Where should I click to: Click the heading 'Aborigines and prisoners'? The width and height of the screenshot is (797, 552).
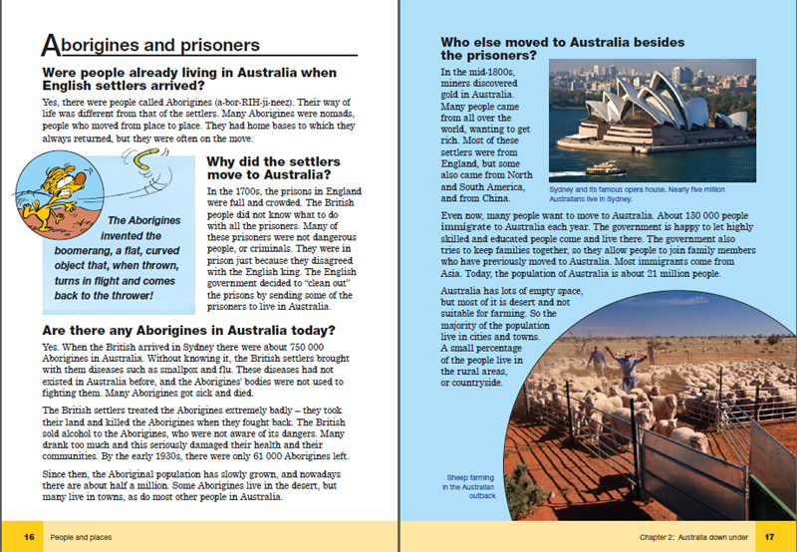point(149,45)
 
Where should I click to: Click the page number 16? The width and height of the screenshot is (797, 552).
point(30,537)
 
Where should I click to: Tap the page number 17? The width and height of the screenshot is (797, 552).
point(768,537)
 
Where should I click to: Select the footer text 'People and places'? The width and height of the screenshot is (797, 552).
point(82,537)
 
